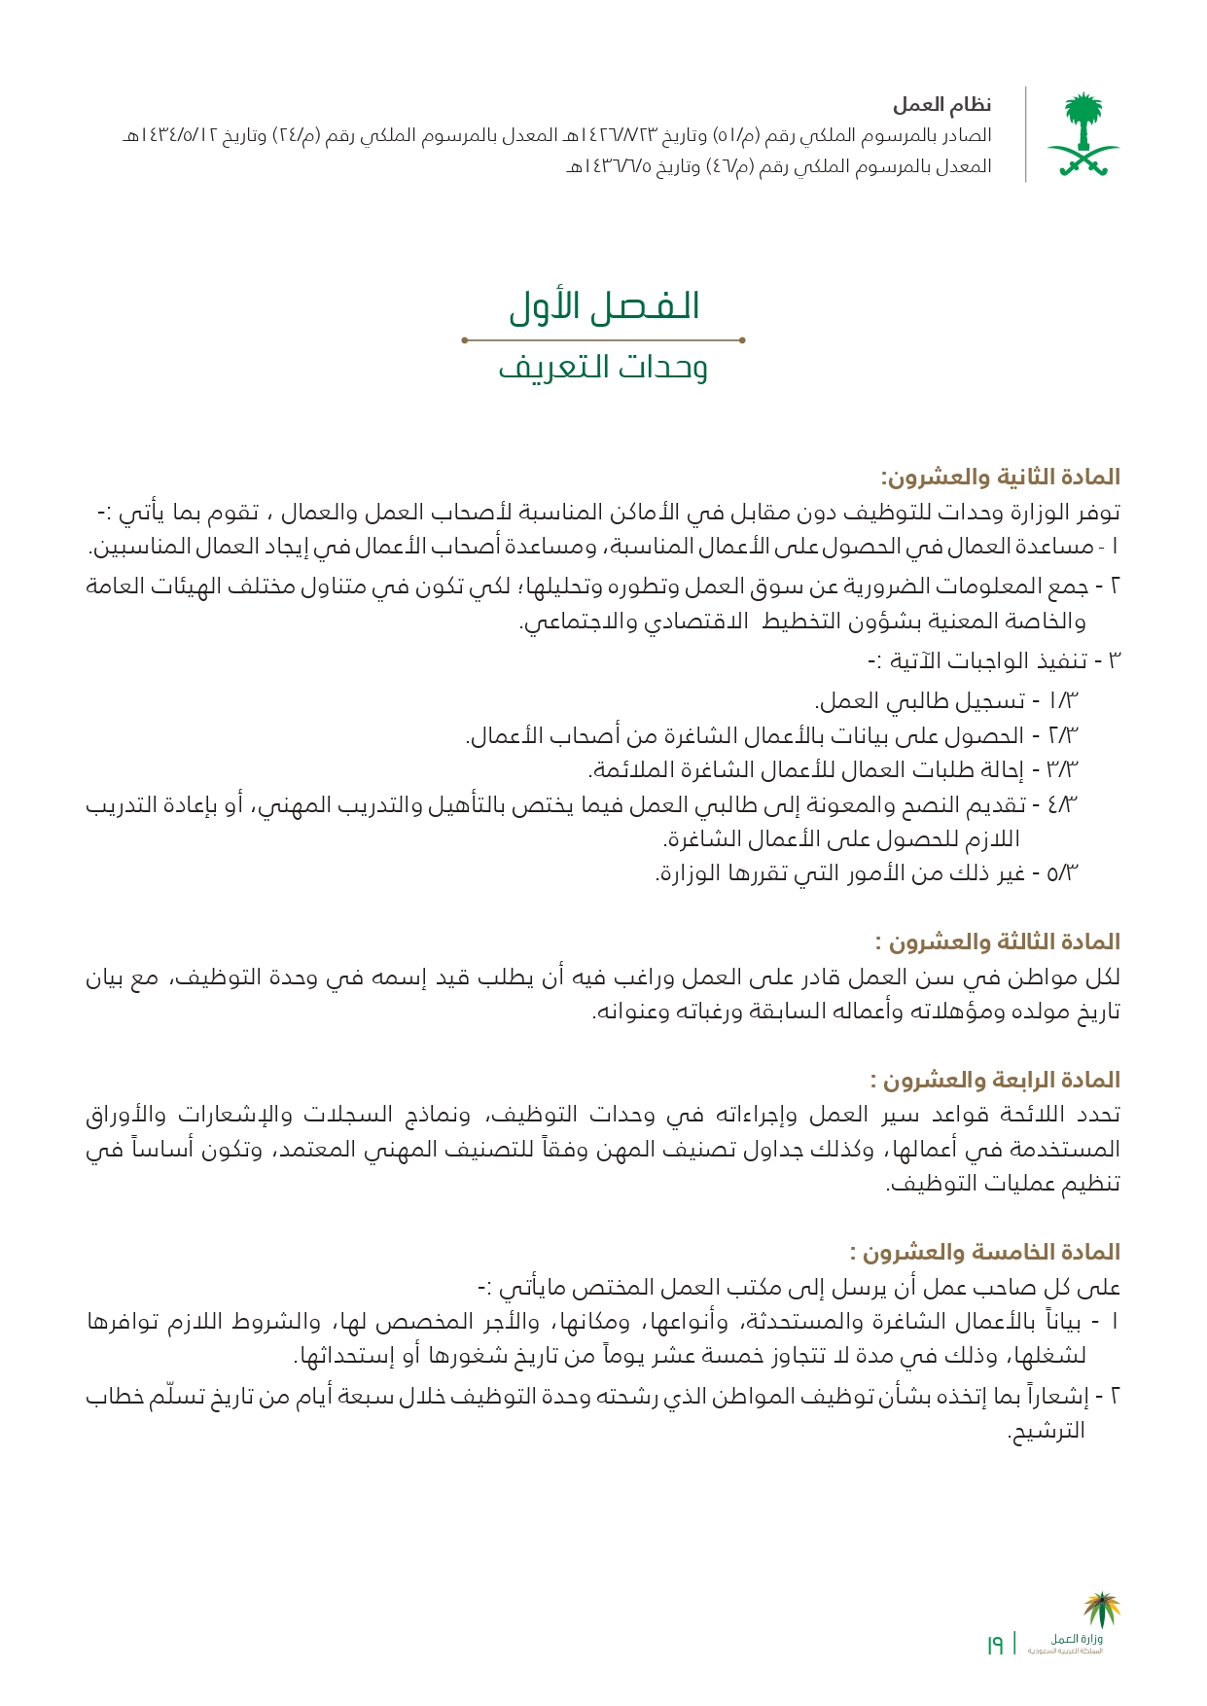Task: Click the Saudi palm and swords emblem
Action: click(1082, 134)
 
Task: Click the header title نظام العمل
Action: click(941, 104)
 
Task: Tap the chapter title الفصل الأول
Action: click(604, 306)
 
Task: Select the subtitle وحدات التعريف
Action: click(603, 368)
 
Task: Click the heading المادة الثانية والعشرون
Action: click(1000, 477)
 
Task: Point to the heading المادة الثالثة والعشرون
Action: click(998, 942)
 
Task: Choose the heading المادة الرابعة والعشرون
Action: click(996, 1080)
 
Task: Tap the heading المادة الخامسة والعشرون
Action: click(985, 1252)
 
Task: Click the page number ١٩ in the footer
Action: click(995, 1646)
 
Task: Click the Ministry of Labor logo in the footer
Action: click(1080, 1626)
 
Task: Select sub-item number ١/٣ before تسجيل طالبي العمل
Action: click(1064, 700)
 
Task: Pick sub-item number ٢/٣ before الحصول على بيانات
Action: click(1064, 735)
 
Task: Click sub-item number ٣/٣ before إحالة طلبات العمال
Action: click(1064, 770)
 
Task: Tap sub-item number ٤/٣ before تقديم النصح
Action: click(1064, 804)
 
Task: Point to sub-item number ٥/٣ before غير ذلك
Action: click(1064, 873)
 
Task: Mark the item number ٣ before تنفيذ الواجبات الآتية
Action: click(1115, 661)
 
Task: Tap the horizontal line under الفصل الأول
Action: click(603, 340)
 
